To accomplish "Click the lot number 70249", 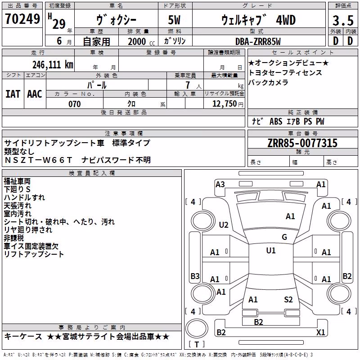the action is [22, 19].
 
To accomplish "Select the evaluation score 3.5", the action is [343, 20].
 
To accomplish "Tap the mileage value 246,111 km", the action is [53, 65].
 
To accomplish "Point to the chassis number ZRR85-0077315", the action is [302, 143].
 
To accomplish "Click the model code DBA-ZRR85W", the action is [258, 41].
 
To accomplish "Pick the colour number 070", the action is [75, 104].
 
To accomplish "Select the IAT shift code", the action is [13, 94].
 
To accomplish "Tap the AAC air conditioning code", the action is [35, 94].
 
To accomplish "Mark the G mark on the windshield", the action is [284, 237].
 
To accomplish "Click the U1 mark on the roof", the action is [271, 251].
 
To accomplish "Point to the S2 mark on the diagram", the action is [288, 300].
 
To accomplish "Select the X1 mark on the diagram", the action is [320, 332].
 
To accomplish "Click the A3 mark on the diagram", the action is [220, 184].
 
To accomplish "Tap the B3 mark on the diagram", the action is [195, 276].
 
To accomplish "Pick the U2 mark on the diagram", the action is [224, 225].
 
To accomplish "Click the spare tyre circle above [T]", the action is [197, 328].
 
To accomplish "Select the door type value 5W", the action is [174, 20].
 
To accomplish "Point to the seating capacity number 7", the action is [188, 85].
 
